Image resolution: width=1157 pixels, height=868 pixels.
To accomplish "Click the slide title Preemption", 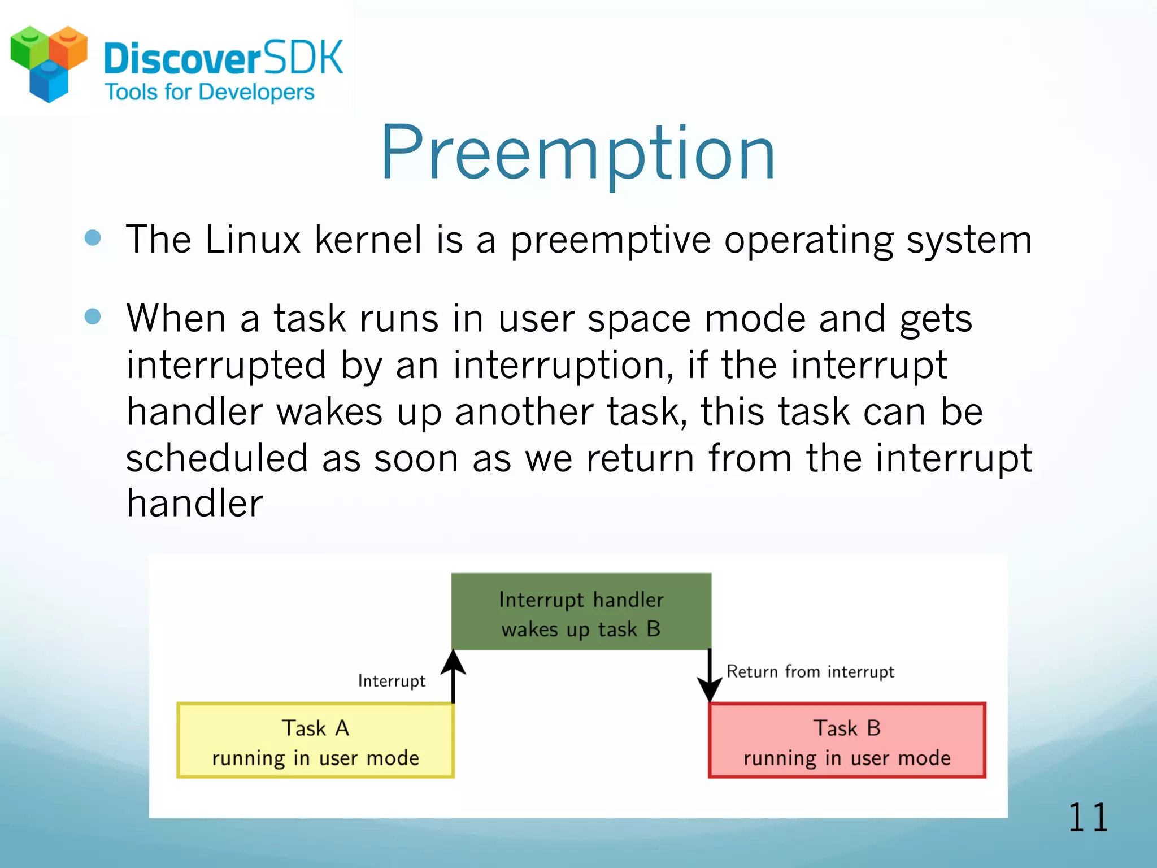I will pos(578,154).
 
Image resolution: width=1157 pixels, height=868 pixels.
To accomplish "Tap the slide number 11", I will pos(1088,818).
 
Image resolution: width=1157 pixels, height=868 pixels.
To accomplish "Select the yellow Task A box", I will pos(315,741).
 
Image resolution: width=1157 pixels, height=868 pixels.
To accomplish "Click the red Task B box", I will pos(847,741).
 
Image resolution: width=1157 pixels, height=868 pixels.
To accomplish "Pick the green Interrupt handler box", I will pos(581,612).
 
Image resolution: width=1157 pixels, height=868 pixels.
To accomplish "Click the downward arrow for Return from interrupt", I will pos(710,676).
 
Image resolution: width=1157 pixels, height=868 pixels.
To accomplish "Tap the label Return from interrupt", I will pos(810,671).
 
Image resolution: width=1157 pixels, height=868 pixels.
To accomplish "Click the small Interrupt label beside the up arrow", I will pos(392,681).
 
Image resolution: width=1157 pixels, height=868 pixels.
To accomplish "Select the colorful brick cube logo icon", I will pos(49,62).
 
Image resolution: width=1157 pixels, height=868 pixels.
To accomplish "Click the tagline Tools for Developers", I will pos(210,92).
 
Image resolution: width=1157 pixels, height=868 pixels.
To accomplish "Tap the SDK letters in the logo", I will pos(303,58).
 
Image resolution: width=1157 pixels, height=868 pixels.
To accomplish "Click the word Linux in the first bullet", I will pos(253,240).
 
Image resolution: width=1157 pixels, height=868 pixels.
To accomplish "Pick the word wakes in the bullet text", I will pos(329,411).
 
